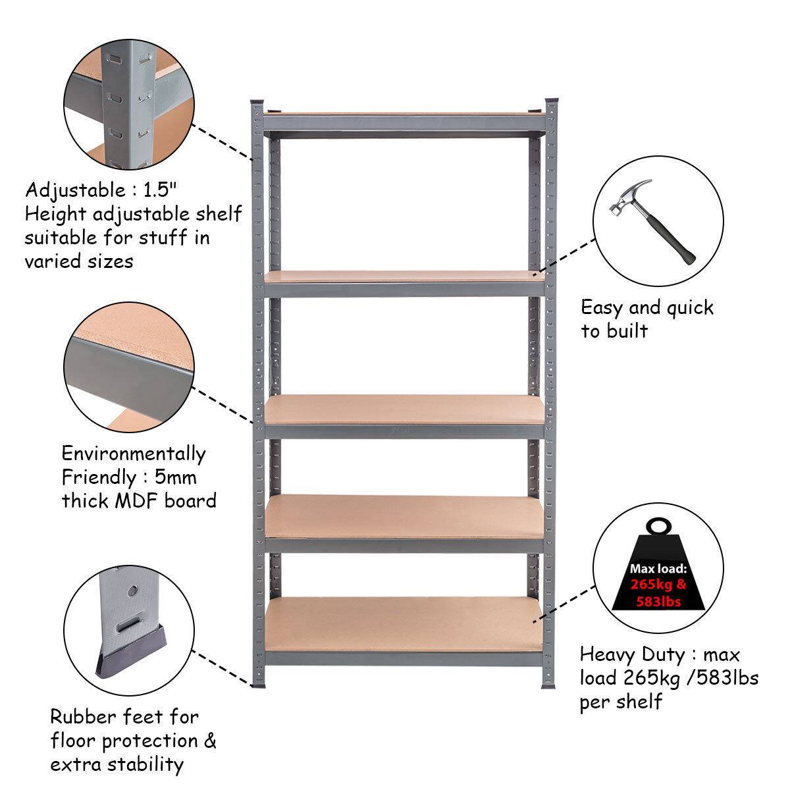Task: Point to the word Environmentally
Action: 134,454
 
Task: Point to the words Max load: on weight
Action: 658,568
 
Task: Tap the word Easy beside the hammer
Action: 602,308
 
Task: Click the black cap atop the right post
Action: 552,103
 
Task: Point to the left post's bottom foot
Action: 257,685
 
